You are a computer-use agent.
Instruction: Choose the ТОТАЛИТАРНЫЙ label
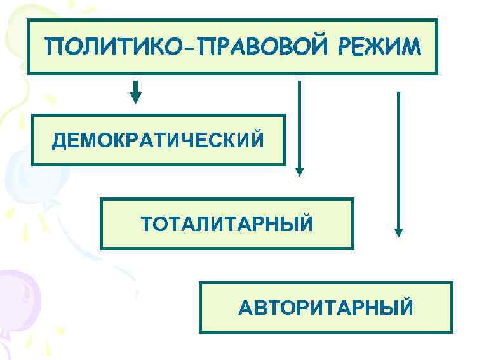tap(227, 224)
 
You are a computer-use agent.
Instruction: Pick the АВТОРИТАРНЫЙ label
tap(325, 309)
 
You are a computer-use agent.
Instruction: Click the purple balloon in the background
tap(16, 298)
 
